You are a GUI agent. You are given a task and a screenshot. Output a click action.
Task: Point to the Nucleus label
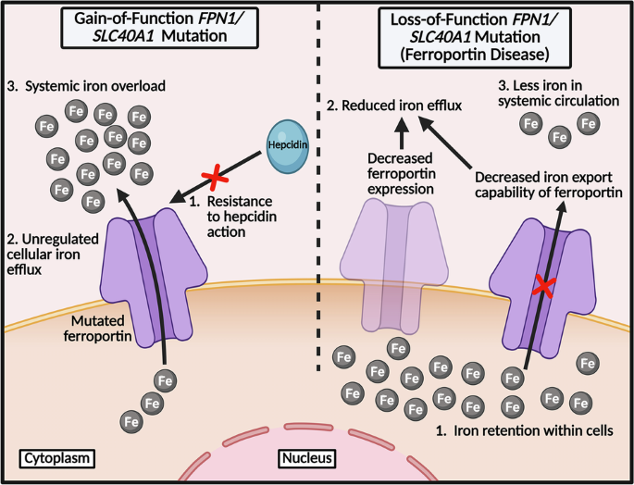tap(305, 458)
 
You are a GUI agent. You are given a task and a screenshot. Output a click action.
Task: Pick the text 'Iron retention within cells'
tap(523, 432)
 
